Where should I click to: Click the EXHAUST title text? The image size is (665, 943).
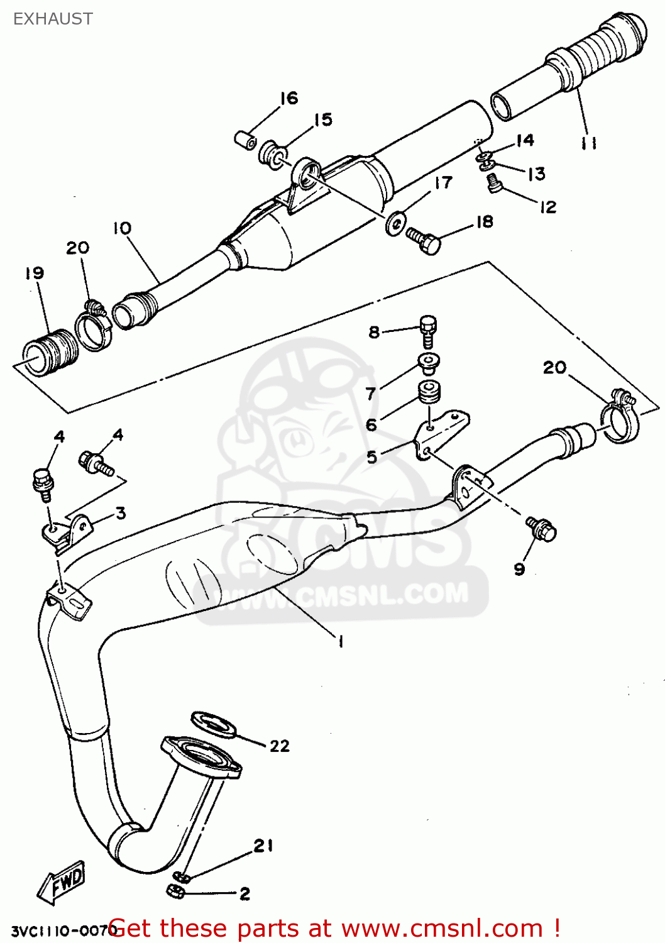53,19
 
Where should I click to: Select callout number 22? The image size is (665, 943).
280,746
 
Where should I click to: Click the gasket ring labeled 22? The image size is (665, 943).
213,724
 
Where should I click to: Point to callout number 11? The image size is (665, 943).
588,144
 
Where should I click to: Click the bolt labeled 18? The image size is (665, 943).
424,241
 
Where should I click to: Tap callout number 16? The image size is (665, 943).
289,98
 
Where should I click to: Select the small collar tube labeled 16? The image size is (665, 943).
245,140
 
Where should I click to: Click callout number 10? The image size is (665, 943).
122,228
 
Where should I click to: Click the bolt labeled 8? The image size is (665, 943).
428,330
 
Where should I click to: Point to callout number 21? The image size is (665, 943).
263,846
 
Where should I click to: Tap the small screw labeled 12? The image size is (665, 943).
494,183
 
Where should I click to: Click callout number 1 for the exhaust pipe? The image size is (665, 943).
340,641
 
